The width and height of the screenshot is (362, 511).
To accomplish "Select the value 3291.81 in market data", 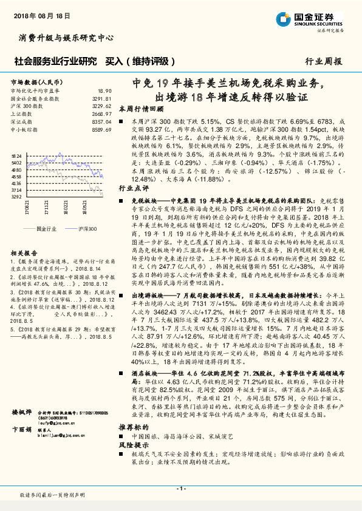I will [x=101, y=97].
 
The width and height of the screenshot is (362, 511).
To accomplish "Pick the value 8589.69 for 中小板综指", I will [x=101, y=129].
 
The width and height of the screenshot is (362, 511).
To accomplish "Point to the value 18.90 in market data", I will [x=104, y=89].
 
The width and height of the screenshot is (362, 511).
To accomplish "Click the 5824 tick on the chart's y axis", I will [x=16, y=156].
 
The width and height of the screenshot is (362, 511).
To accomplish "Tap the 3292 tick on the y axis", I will [x=16, y=197].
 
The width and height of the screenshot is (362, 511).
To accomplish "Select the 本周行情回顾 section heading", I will [x=141, y=109].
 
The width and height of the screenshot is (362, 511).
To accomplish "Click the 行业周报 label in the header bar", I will [x=323, y=61].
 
